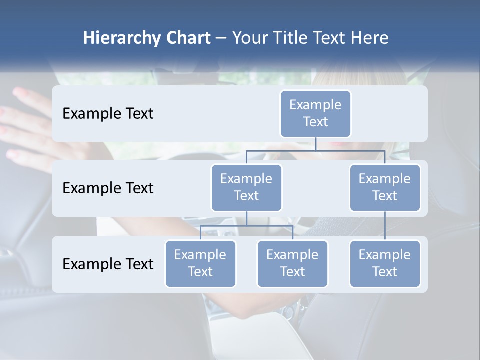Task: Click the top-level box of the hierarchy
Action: [x=315, y=113]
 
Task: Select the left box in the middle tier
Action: [x=246, y=187]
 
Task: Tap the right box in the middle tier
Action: [x=384, y=187]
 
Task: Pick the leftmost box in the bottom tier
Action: [x=200, y=263]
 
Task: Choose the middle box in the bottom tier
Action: [x=292, y=263]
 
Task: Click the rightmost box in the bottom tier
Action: [x=384, y=263]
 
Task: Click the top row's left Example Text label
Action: [x=108, y=114]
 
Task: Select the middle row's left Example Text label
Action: [x=108, y=188]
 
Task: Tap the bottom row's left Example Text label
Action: [x=108, y=264]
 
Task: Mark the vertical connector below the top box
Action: [x=315, y=144]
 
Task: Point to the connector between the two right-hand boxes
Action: [x=385, y=226]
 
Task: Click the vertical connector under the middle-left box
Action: [x=246, y=218]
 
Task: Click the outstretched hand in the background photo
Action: [x=25, y=125]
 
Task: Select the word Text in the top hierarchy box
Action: [x=315, y=122]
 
